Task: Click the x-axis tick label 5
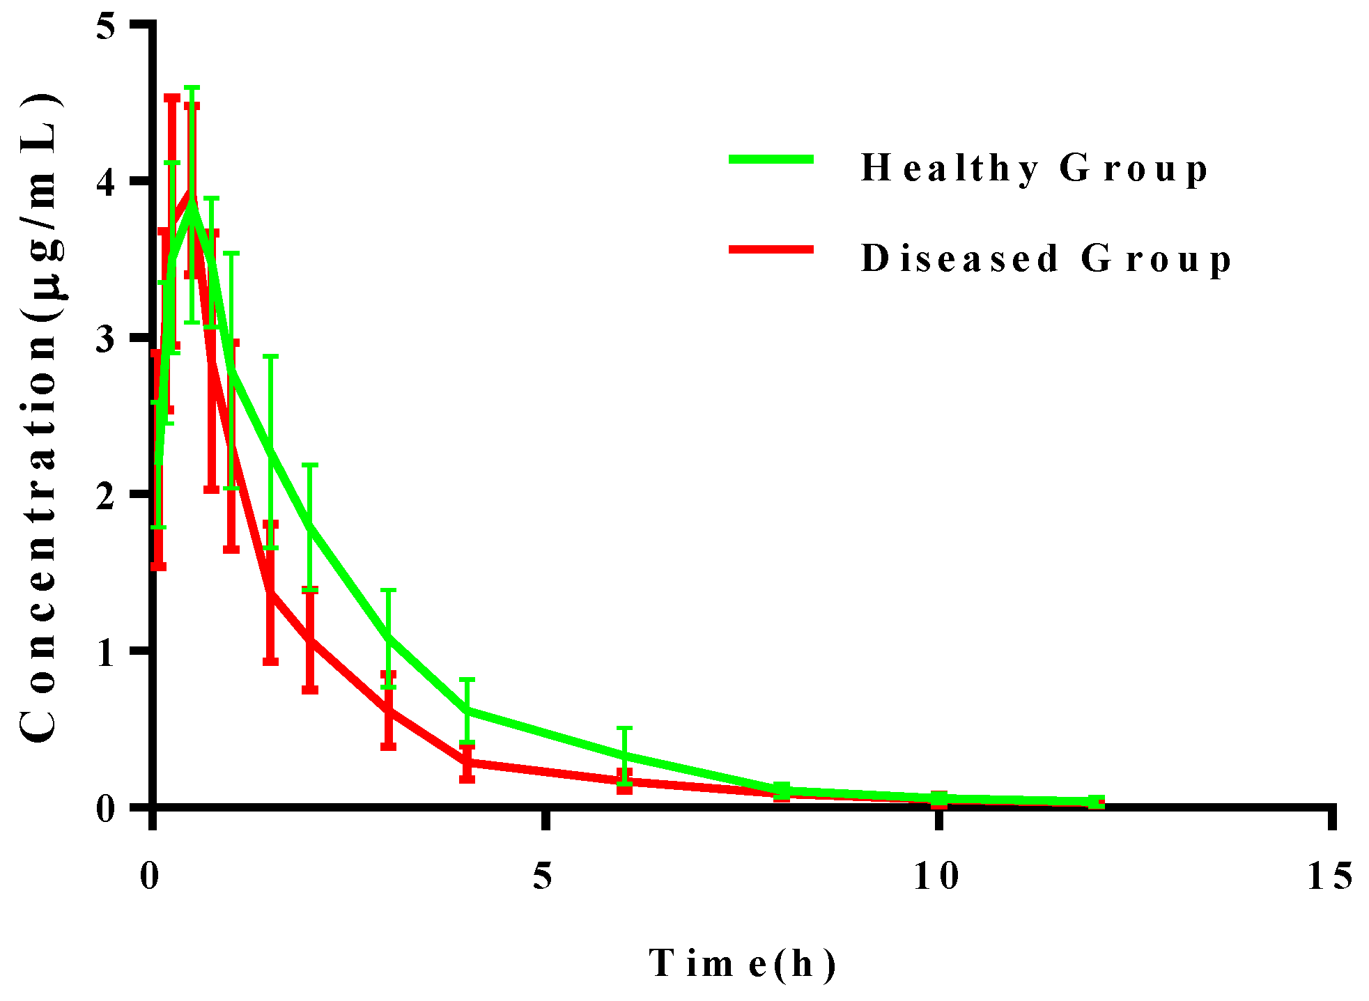(x=543, y=876)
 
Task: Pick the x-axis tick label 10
(x=936, y=876)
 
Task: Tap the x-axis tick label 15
(x=1329, y=876)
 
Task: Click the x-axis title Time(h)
(x=742, y=964)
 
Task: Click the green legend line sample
(x=771, y=160)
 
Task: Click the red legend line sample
(x=771, y=249)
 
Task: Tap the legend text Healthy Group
(x=1035, y=169)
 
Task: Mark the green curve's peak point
(x=192, y=206)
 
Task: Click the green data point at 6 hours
(x=625, y=755)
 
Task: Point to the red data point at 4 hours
(x=467, y=762)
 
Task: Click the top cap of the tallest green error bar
(x=192, y=88)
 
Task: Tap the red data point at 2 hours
(x=310, y=639)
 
